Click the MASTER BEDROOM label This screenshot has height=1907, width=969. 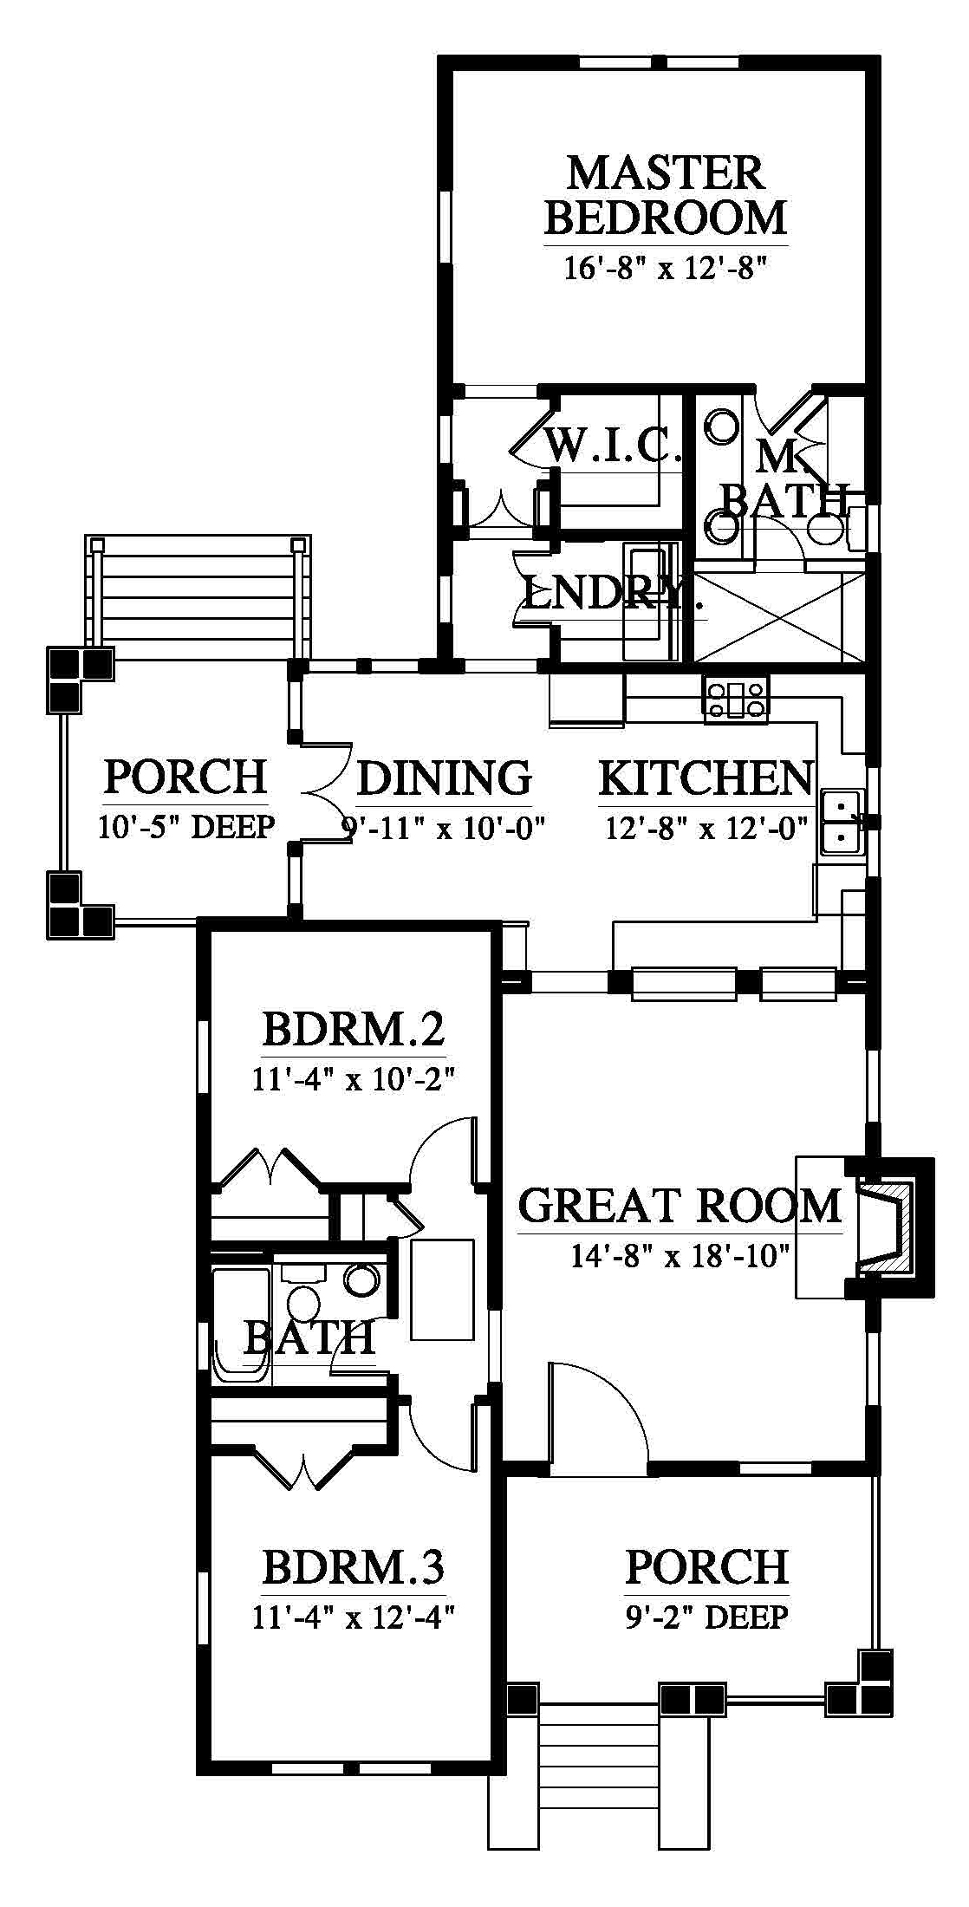click(x=666, y=195)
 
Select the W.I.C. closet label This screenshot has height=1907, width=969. click(x=611, y=446)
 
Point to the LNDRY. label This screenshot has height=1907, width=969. click(x=610, y=594)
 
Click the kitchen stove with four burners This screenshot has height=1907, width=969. click(x=737, y=700)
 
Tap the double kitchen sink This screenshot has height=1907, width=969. click(x=842, y=820)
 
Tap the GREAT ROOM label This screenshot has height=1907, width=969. click(x=680, y=1206)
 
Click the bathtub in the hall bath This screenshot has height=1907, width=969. click(x=242, y=1325)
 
